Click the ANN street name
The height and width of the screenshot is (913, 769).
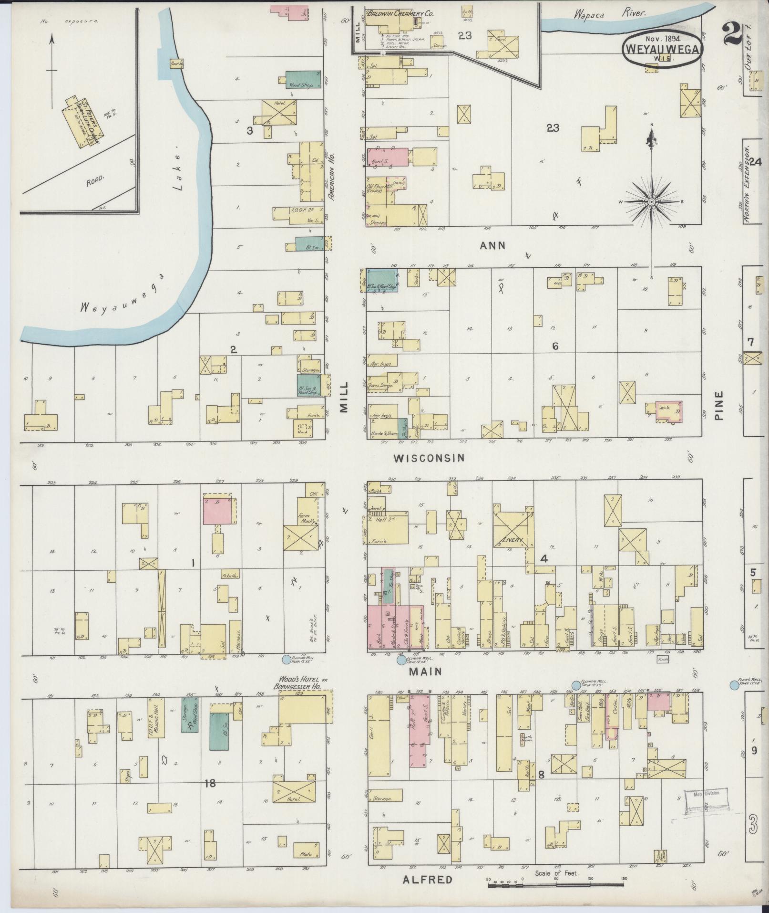pyautogui.click(x=492, y=246)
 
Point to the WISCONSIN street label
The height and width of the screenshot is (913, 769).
pyautogui.click(x=429, y=458)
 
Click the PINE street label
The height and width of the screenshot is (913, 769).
pyautogui.click(x=719, y=406)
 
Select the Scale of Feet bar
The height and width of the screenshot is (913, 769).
pyautogui.click(x=556, y=884)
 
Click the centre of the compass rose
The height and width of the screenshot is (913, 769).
pyautogui.click(x=652, y=201)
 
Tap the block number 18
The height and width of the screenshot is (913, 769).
pyautogui.click(x=210, y=783)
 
